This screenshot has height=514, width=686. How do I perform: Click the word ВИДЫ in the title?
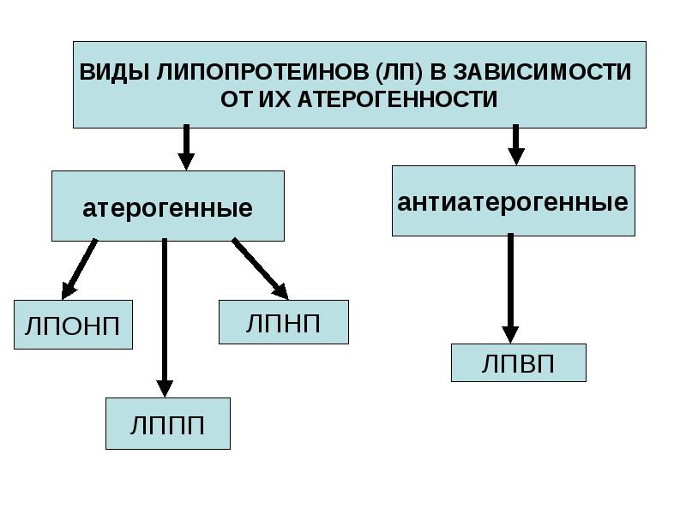[115, 72]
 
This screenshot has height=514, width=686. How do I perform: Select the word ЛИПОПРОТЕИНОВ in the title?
[262, 72]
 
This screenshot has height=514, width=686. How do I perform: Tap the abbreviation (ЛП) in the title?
[399, 72]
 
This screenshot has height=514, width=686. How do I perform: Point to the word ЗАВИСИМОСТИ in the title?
[542, 72]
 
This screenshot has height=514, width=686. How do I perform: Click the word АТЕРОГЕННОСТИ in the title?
[397, 99]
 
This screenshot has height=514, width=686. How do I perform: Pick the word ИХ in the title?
[274, 99]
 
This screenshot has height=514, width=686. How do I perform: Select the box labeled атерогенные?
[168, 206]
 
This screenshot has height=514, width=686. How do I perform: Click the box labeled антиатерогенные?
[513, 200]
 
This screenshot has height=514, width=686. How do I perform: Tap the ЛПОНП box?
[73, 325]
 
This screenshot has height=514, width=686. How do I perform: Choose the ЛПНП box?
[284, 322]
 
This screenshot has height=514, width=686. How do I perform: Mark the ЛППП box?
[168, 423]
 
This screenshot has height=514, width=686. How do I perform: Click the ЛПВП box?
[519, 362]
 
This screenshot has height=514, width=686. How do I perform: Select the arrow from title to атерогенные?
[186, 147]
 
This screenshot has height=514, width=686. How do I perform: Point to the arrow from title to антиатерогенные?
[516, 145]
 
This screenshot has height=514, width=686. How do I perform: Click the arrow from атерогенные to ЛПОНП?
[79, 269]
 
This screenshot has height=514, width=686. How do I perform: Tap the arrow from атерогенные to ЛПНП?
[261, 269]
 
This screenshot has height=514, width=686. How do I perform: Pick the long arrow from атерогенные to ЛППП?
[165, 318]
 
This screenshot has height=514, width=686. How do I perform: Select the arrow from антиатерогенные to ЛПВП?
[510, 289]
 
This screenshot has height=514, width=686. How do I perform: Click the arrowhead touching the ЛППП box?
[165, 389]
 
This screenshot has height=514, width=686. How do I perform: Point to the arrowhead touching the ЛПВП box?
[510, 335]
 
